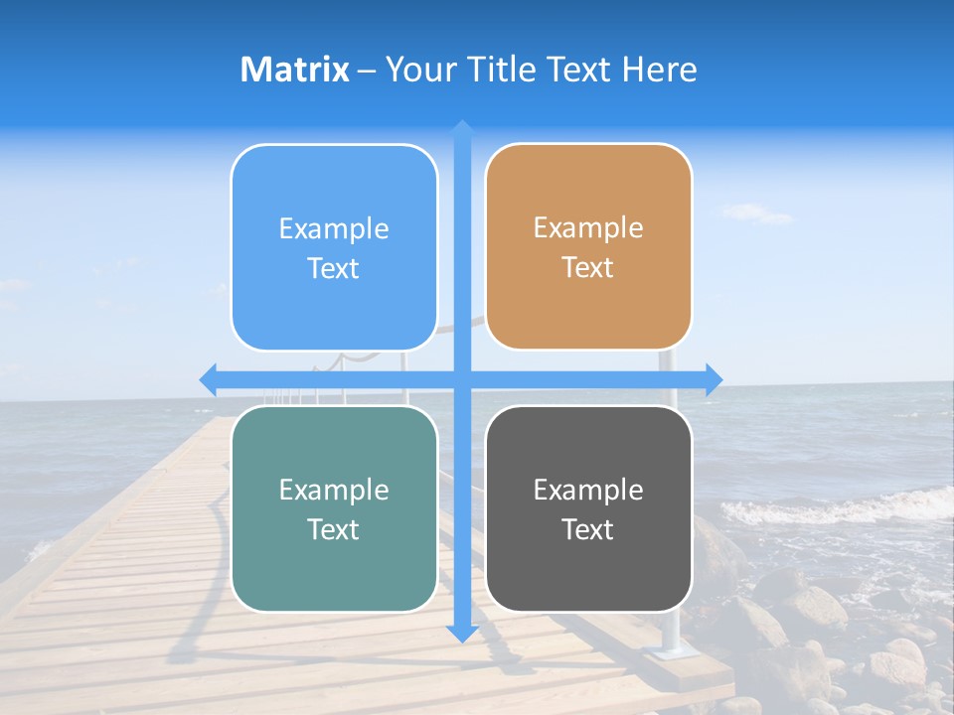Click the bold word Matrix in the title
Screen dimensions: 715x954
294,70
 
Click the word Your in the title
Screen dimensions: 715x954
417,70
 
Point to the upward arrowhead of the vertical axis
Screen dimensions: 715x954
462,128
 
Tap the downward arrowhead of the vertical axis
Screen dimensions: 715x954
462,633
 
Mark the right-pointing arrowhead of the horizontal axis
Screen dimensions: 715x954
714,379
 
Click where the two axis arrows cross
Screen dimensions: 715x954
462,379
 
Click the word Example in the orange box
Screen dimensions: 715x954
588,228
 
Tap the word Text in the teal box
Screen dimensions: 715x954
334,530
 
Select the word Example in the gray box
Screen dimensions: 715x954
588,490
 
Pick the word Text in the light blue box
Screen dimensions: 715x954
334,269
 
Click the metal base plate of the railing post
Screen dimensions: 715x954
667,652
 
